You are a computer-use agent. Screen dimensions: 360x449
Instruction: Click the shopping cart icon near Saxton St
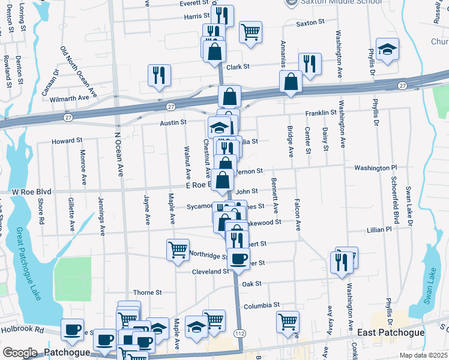point(250,31)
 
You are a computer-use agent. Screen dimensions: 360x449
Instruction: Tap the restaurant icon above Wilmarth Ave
point(159,75)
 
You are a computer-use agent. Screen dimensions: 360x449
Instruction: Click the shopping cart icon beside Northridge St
point(178,249)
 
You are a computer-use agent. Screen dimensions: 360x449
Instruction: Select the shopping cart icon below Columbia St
point(288,320)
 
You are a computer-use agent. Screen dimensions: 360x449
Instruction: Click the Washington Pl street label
point(375,168)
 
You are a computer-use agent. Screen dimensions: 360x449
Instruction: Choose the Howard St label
point(67,140)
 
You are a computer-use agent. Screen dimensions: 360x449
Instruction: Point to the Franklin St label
point(321,113)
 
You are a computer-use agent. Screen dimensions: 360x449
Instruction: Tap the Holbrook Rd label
point(22,329)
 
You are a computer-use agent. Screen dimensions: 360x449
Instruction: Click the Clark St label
point(238,67)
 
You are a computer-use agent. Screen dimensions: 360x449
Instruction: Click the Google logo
point(20,353)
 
